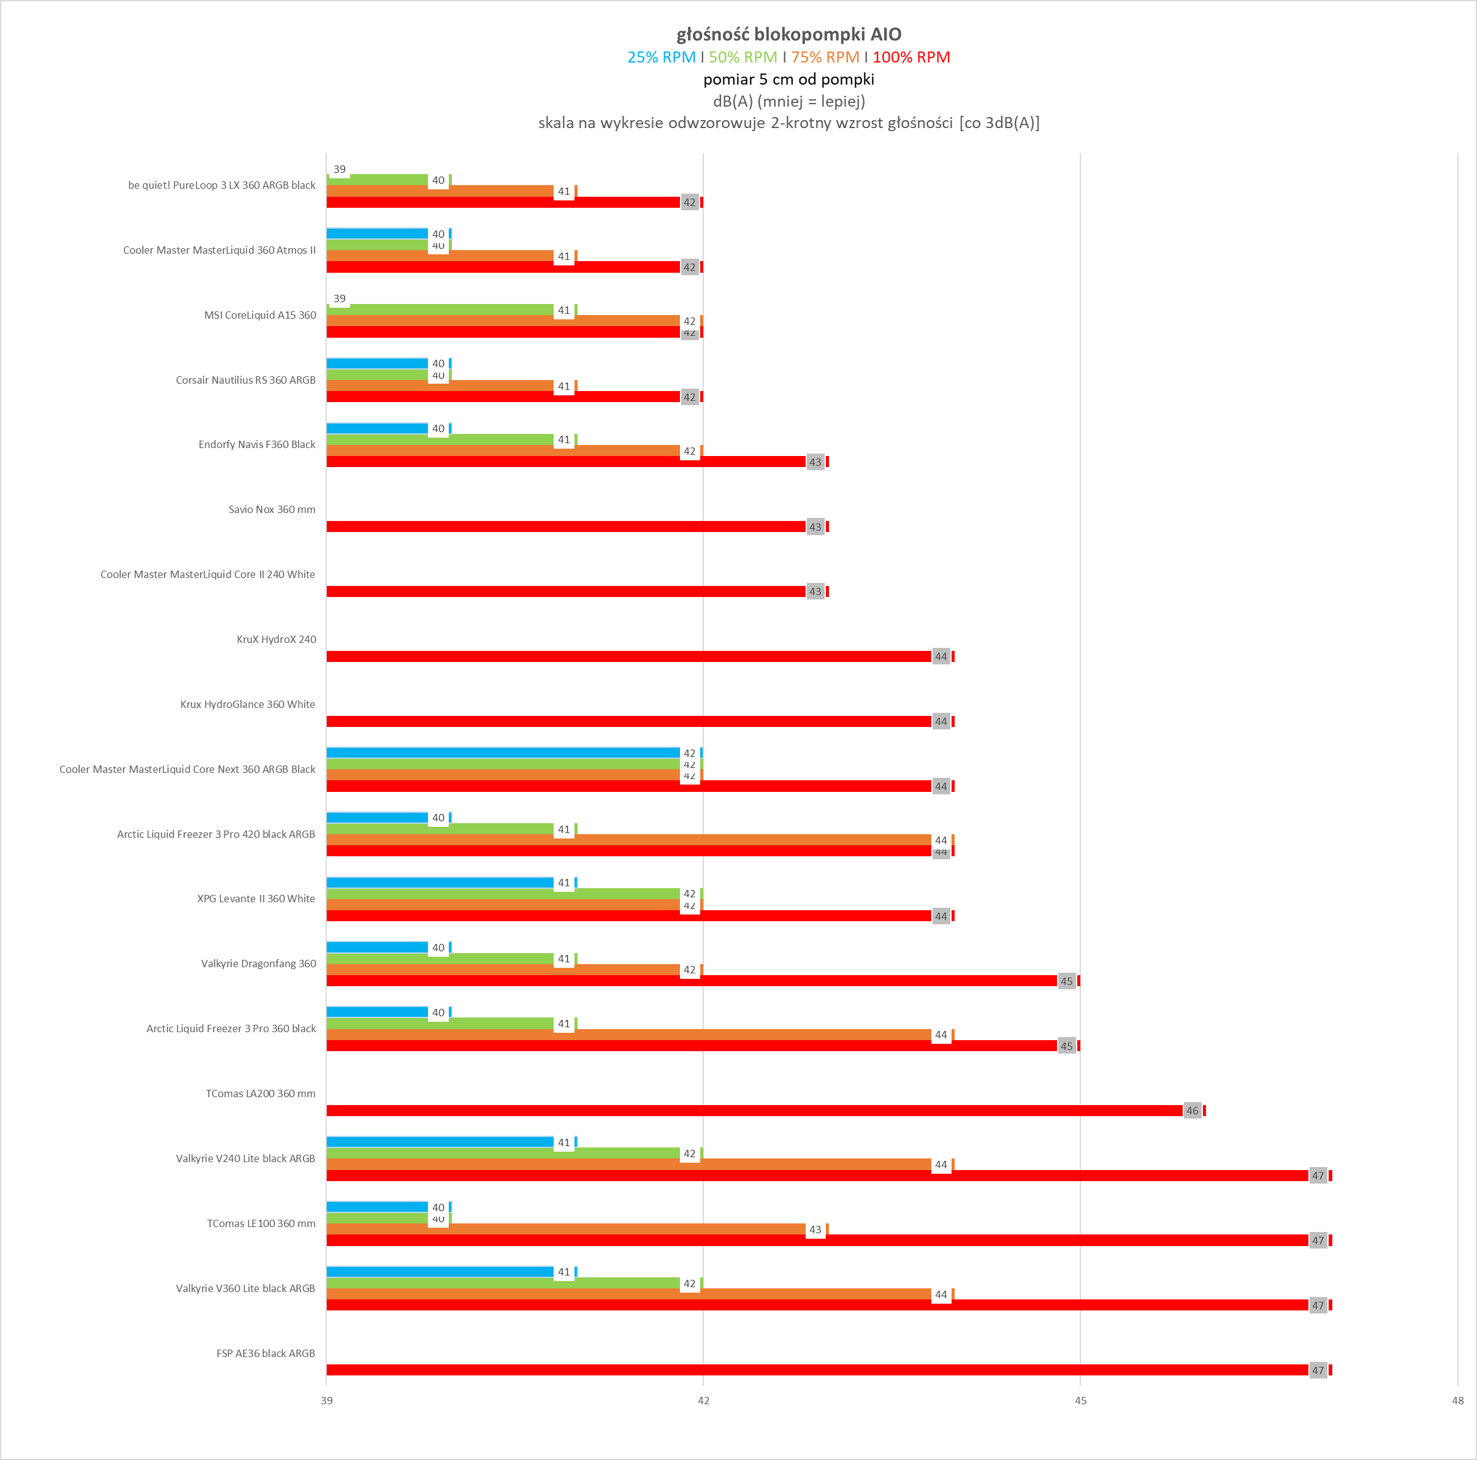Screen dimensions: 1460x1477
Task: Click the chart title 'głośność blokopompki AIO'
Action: click(788, 34)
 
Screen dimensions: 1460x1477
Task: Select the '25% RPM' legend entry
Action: click(662, 58)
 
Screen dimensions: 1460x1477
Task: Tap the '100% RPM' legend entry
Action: click(910, 58)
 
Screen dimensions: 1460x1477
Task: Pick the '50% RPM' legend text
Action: click(742, 58)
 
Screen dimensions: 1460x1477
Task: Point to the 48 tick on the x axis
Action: click(1457, 1401)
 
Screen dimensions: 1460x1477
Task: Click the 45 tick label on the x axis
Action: click(1080, 1401)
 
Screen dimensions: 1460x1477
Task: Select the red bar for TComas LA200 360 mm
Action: click(753, 1111)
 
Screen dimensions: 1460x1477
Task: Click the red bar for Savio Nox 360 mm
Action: click(566, 527)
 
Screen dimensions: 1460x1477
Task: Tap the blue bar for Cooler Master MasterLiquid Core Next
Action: click(502, 753)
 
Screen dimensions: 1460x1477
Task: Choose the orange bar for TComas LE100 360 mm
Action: click(566, 1229)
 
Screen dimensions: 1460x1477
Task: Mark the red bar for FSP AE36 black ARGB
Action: click(817, 1370)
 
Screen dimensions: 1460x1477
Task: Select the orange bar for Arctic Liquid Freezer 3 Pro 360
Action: click(628, 1034)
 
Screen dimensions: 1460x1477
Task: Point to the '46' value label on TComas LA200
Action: click(1192, 1111)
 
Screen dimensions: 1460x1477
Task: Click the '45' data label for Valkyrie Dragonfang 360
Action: click(1066, 981)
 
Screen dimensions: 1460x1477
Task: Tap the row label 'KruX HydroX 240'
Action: click(276, 639)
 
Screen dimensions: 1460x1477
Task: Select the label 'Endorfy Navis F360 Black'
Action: click(257, 444)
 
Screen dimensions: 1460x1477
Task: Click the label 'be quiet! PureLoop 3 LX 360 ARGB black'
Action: click(222, 185)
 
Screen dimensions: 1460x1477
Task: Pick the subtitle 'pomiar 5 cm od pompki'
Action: click(788, 80)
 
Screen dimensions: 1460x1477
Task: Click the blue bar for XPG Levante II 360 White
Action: click(440, 882)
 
